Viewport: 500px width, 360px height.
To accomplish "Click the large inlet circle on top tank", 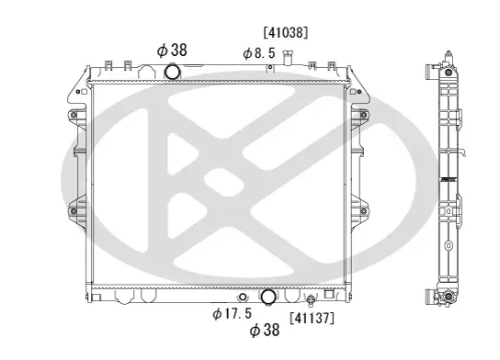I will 171,73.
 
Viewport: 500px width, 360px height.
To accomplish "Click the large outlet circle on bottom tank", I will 268,298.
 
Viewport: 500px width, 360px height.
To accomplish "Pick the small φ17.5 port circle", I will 242,298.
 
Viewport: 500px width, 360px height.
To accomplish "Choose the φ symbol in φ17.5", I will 217,314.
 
